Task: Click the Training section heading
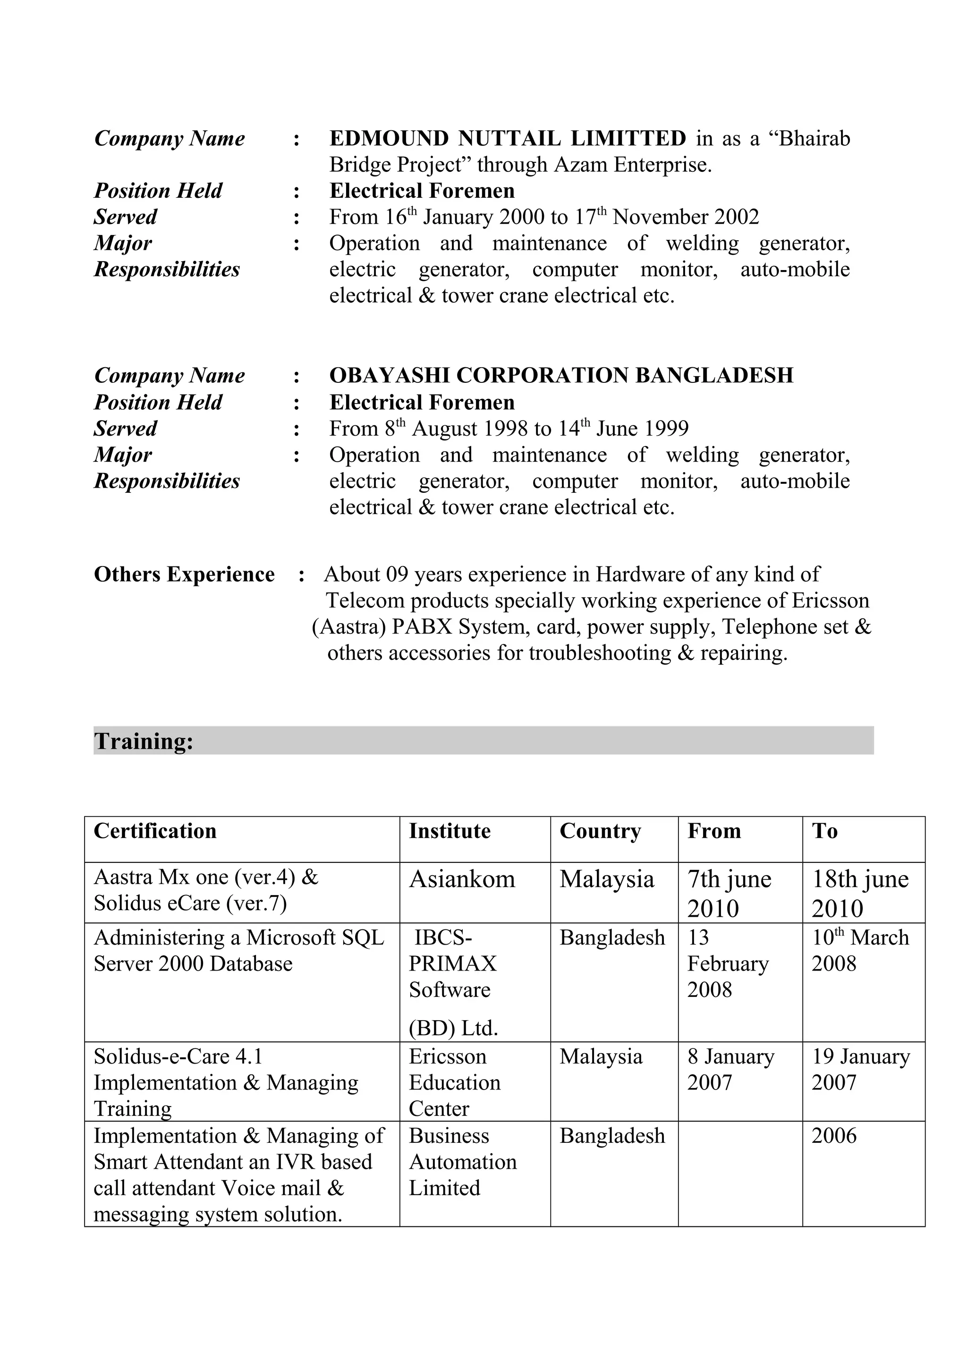click(x=144, y=741)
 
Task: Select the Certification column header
click(x=155, y=831)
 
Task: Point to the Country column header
click(x=600, y=831)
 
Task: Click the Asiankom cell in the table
click(x=462, y=879)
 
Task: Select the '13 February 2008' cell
click(x=728, y=963)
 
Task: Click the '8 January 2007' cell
click(x=730, y=1069)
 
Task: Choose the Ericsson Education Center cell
click(x=454, y=1082)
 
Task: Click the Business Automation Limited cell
click(x=462, y=1162)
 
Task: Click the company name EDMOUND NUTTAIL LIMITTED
click(x=508, y=138)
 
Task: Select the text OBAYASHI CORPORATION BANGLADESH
click(x=561, y=375)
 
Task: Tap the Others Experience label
click(x=184, y=574)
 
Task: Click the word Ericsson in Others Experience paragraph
click(x=830, y=600)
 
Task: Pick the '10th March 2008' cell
click(x=860, y=950)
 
